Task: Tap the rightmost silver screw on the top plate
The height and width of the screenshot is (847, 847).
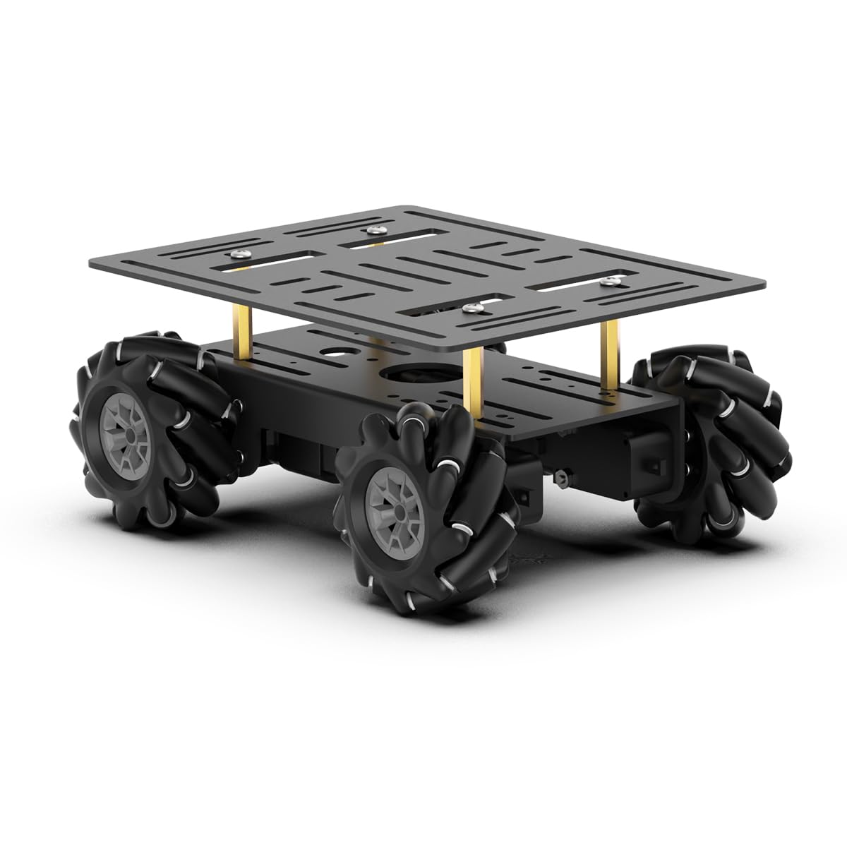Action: pos(607,281)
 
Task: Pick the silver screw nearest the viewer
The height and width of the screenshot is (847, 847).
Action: pos(468,308)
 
